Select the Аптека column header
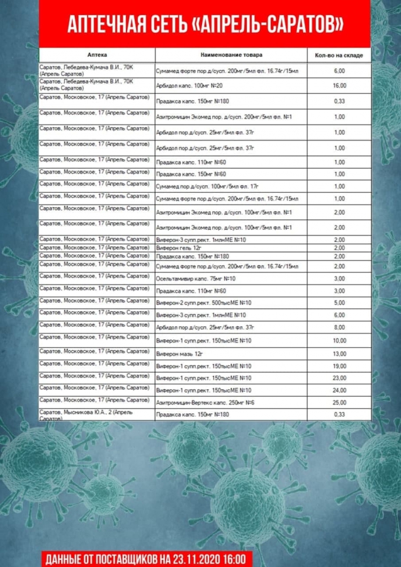tap(97, 55)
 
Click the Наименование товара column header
tap(232, 55)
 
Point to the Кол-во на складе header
tap(339, 55)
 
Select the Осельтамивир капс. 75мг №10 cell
tap(196, 278)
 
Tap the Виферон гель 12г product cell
tap(180, 248)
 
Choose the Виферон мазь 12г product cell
tap(181, 353)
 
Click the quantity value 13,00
tap(339, 353)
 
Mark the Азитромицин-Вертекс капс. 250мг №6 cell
tap(205, 402)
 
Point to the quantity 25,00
tap(339, 402)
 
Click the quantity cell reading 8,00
tap(339, 327)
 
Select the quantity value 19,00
tap(339, 365)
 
